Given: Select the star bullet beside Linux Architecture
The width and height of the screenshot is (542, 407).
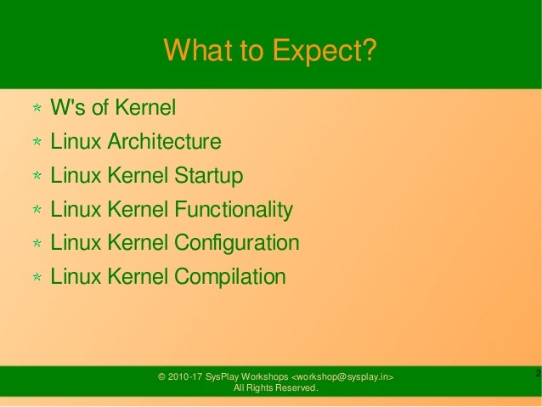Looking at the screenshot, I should click(37, 143).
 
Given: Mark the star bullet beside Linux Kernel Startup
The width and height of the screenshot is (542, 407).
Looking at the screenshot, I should click(37, 177).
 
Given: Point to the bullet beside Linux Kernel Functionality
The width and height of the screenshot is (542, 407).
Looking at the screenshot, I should click(37, 210).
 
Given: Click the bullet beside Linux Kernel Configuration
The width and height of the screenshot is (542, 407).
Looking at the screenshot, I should click(37, 244).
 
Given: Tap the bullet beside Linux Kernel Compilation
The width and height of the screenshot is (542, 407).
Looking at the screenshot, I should click(37, 277).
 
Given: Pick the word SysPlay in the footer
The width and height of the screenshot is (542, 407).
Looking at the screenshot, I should click(218, 376).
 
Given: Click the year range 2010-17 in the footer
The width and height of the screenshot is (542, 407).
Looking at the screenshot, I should click(184, 376).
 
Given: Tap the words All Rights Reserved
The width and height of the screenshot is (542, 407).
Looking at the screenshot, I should click(276, 388).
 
